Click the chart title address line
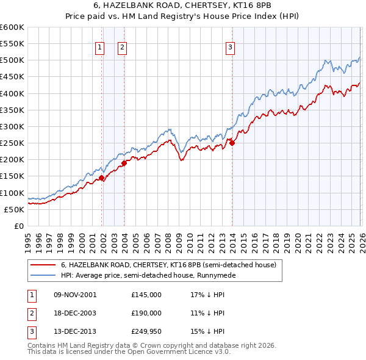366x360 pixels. pyautogui.click(x=182, y=6)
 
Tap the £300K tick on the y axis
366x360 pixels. pyautogui.click(x=12, y=126)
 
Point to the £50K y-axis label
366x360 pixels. pyautogui.click(x=14, y=209)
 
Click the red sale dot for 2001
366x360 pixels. pyautogui.click(x=101, y=178)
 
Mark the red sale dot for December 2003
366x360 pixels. pyautogui.click(x=124, y=163)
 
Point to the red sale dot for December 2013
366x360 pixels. pyautogui.click(x=232, y=143)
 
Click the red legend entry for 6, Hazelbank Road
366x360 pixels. pyautogui.click(x=168, y=265)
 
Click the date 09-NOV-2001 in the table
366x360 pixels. pyautogui.click(x=75, y=294)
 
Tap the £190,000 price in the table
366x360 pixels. pyautogui.click(x=146, y=313)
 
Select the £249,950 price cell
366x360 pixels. pyautogui.click(x=146, y=332)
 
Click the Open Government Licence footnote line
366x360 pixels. pyautogui.click(x=129, y=352)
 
